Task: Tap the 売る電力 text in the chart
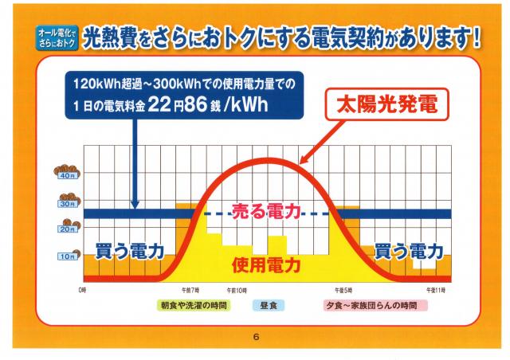pos(265,212)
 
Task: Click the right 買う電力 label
pos(408,252)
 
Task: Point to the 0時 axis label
pos(82,289)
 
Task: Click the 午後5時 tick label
pos(344,289)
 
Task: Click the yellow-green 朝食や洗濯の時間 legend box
pos(194,305)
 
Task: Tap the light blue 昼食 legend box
pos(265,305)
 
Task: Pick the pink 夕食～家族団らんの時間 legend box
pos(370,305)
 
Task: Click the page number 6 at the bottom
pos(256,337)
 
